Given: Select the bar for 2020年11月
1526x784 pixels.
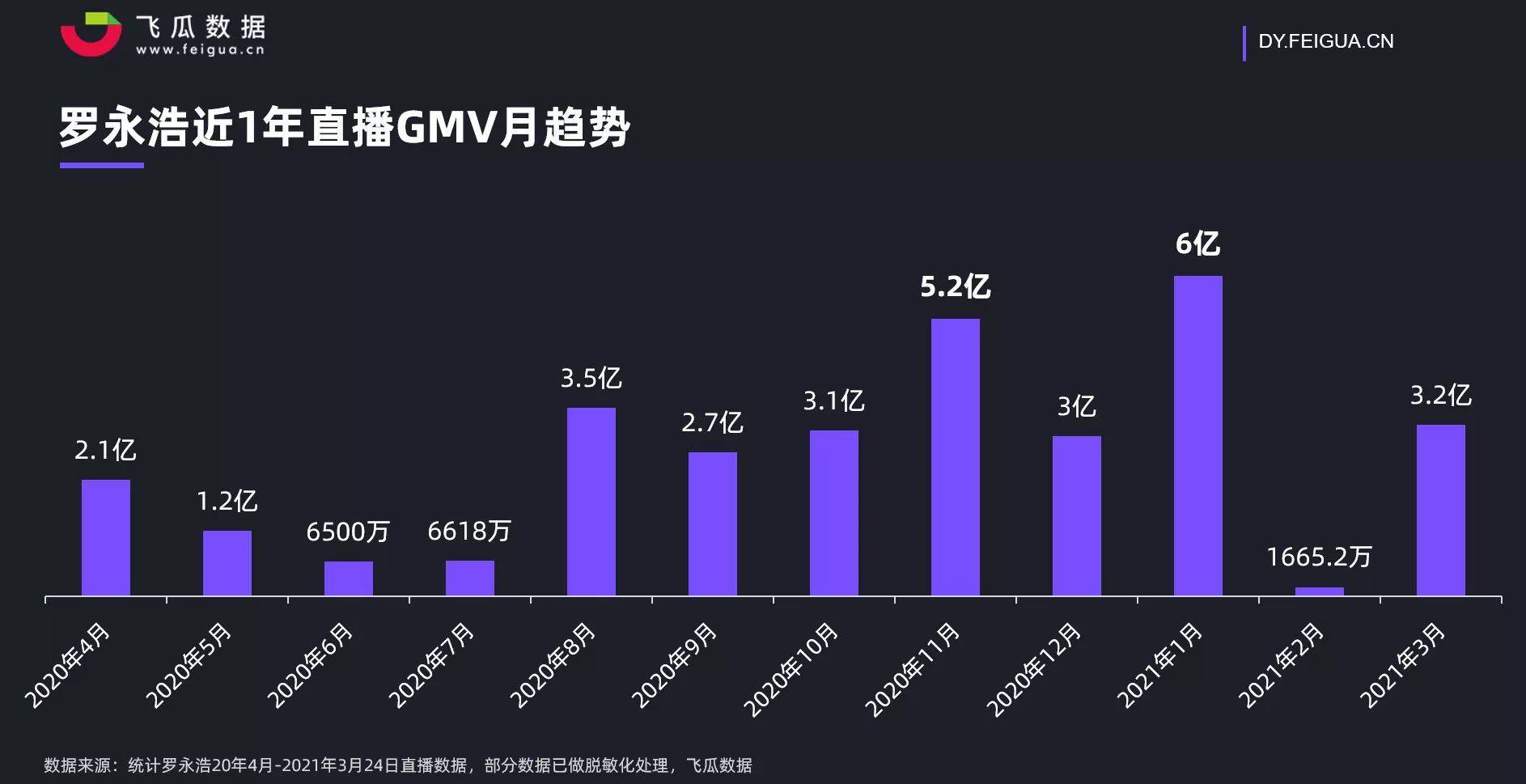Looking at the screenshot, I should (x=955, y=457).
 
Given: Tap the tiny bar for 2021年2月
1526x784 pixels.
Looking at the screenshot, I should (x=1319, y=591).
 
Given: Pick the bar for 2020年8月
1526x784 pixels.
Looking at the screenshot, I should (x=591, y=502).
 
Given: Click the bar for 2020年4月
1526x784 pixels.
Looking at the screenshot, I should (x=105, y=537).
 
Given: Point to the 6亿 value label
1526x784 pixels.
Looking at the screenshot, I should (x=1197, y=244).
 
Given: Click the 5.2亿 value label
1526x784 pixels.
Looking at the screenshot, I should (x=955, y=286).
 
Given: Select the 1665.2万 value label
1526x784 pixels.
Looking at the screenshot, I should (x=1319, y=557).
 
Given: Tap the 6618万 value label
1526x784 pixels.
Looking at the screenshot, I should (x=469, y=531).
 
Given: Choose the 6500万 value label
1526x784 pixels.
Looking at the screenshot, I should (x=348, y=532).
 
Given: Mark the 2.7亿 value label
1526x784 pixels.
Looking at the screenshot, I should (x=712, y=422).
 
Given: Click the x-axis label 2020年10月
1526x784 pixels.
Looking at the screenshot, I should (x=791, y=670).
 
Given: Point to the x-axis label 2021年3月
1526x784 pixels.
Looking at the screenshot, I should (x=1402, y=665).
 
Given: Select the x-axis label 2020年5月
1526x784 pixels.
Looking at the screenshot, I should (x=189, y=665).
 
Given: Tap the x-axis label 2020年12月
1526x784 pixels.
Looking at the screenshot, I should (x=1033, y=670).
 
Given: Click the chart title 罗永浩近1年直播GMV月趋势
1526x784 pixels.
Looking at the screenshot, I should (x=345, y=127).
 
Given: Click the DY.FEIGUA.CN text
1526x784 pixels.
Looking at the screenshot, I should (x=1325, y=41).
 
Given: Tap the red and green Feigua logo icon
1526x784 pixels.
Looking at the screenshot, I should (x=91, y=34).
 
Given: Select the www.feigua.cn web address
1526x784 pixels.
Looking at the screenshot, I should (x=200, y=50).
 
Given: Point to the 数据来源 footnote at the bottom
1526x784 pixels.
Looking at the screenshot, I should (x=397, y=765).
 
